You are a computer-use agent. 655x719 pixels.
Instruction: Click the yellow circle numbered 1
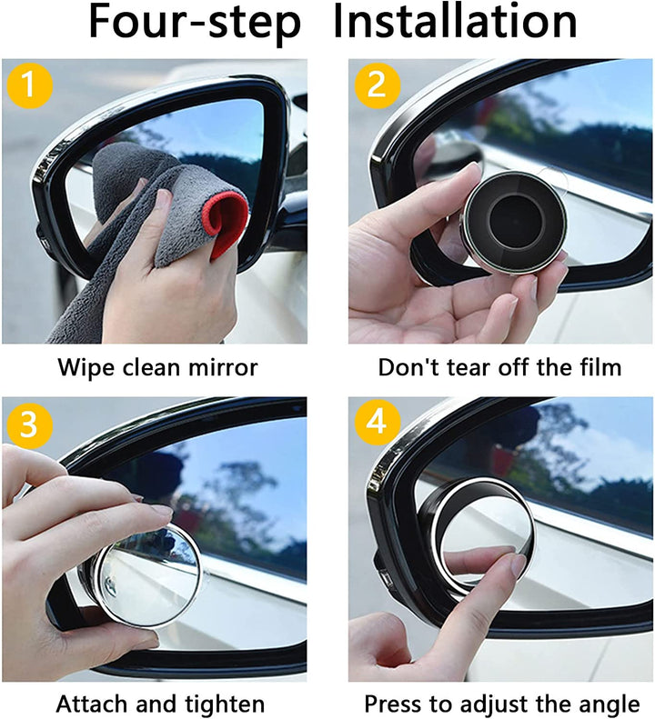pos(28,85)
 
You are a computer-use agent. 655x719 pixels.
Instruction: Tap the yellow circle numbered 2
pos(376,85)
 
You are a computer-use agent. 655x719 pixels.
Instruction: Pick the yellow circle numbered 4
pos(376,423)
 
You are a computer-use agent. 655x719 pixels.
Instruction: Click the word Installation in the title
pos(454,25)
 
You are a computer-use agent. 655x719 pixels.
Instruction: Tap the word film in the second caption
pos(597,367)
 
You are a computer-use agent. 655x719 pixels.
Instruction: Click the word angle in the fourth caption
pos(608,704)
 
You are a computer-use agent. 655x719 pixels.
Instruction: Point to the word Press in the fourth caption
pos(392,704)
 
